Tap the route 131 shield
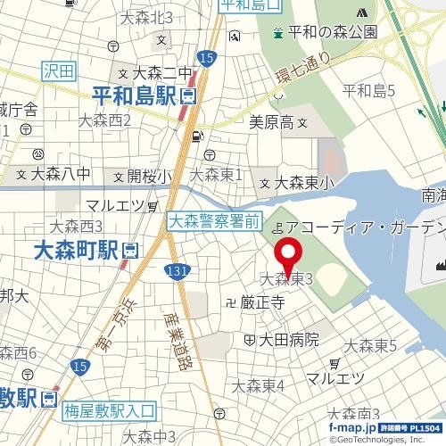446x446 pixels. point(178,271)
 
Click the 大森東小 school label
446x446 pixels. point(304,183)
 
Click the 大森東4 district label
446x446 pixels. point(258,385)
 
